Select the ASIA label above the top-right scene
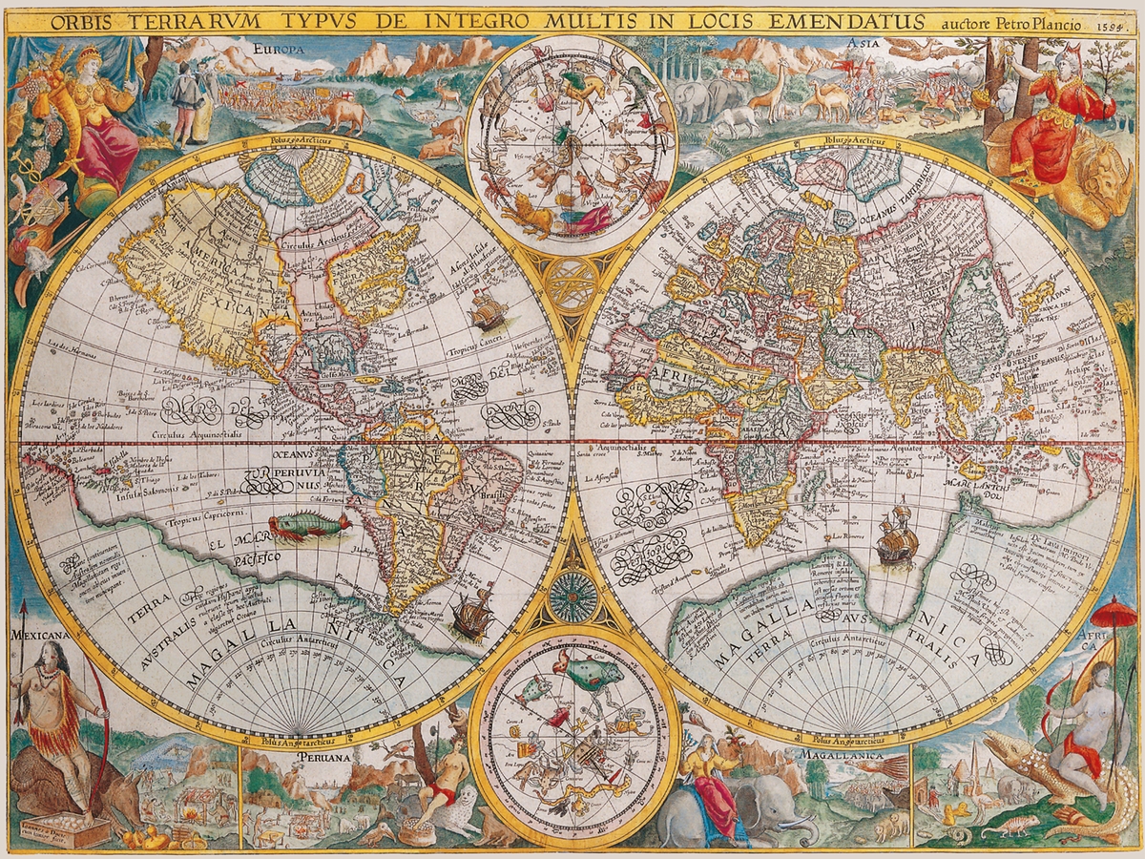coord(863,44)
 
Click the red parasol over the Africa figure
coord(1114,611)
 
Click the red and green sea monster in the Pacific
coord(309,526)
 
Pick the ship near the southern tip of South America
coord(471,612)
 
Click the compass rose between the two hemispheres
coord(572,597)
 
